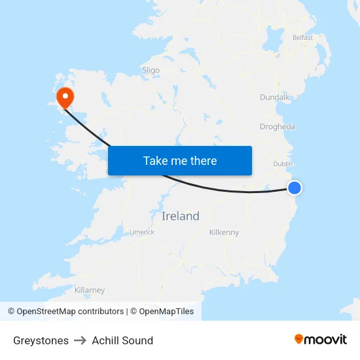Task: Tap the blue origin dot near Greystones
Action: pyautogui.click(x=295, y=188)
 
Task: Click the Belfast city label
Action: pyautogui.click(x=302, y=38)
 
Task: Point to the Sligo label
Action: pyautogui.click(x=151, y=70)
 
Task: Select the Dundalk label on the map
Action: pyautogui.click(x=274, y=98)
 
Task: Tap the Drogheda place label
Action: pyautogui.click(x=277, y=127)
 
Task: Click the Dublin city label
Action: pyautogui.click(x=283, y=164)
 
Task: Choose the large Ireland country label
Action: pyautogui.click(x=180, y=217)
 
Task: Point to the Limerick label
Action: pyautogui.click(x=141, y=232)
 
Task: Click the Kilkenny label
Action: pyautogui.click(x=224, y=232)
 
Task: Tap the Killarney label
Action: pyautogui.click(x=90, y=290)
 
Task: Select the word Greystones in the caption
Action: pyautogui.click(x=41, y=340)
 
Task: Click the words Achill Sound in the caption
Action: pyautogui.click(x=122, y=340)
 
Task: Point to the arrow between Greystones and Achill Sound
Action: pyautogui.click(x=80, y=340)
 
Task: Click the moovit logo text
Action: pyautogui.click(x=326, y=340)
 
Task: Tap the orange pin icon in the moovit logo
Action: pyautogui.click(x=299, y=339)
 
